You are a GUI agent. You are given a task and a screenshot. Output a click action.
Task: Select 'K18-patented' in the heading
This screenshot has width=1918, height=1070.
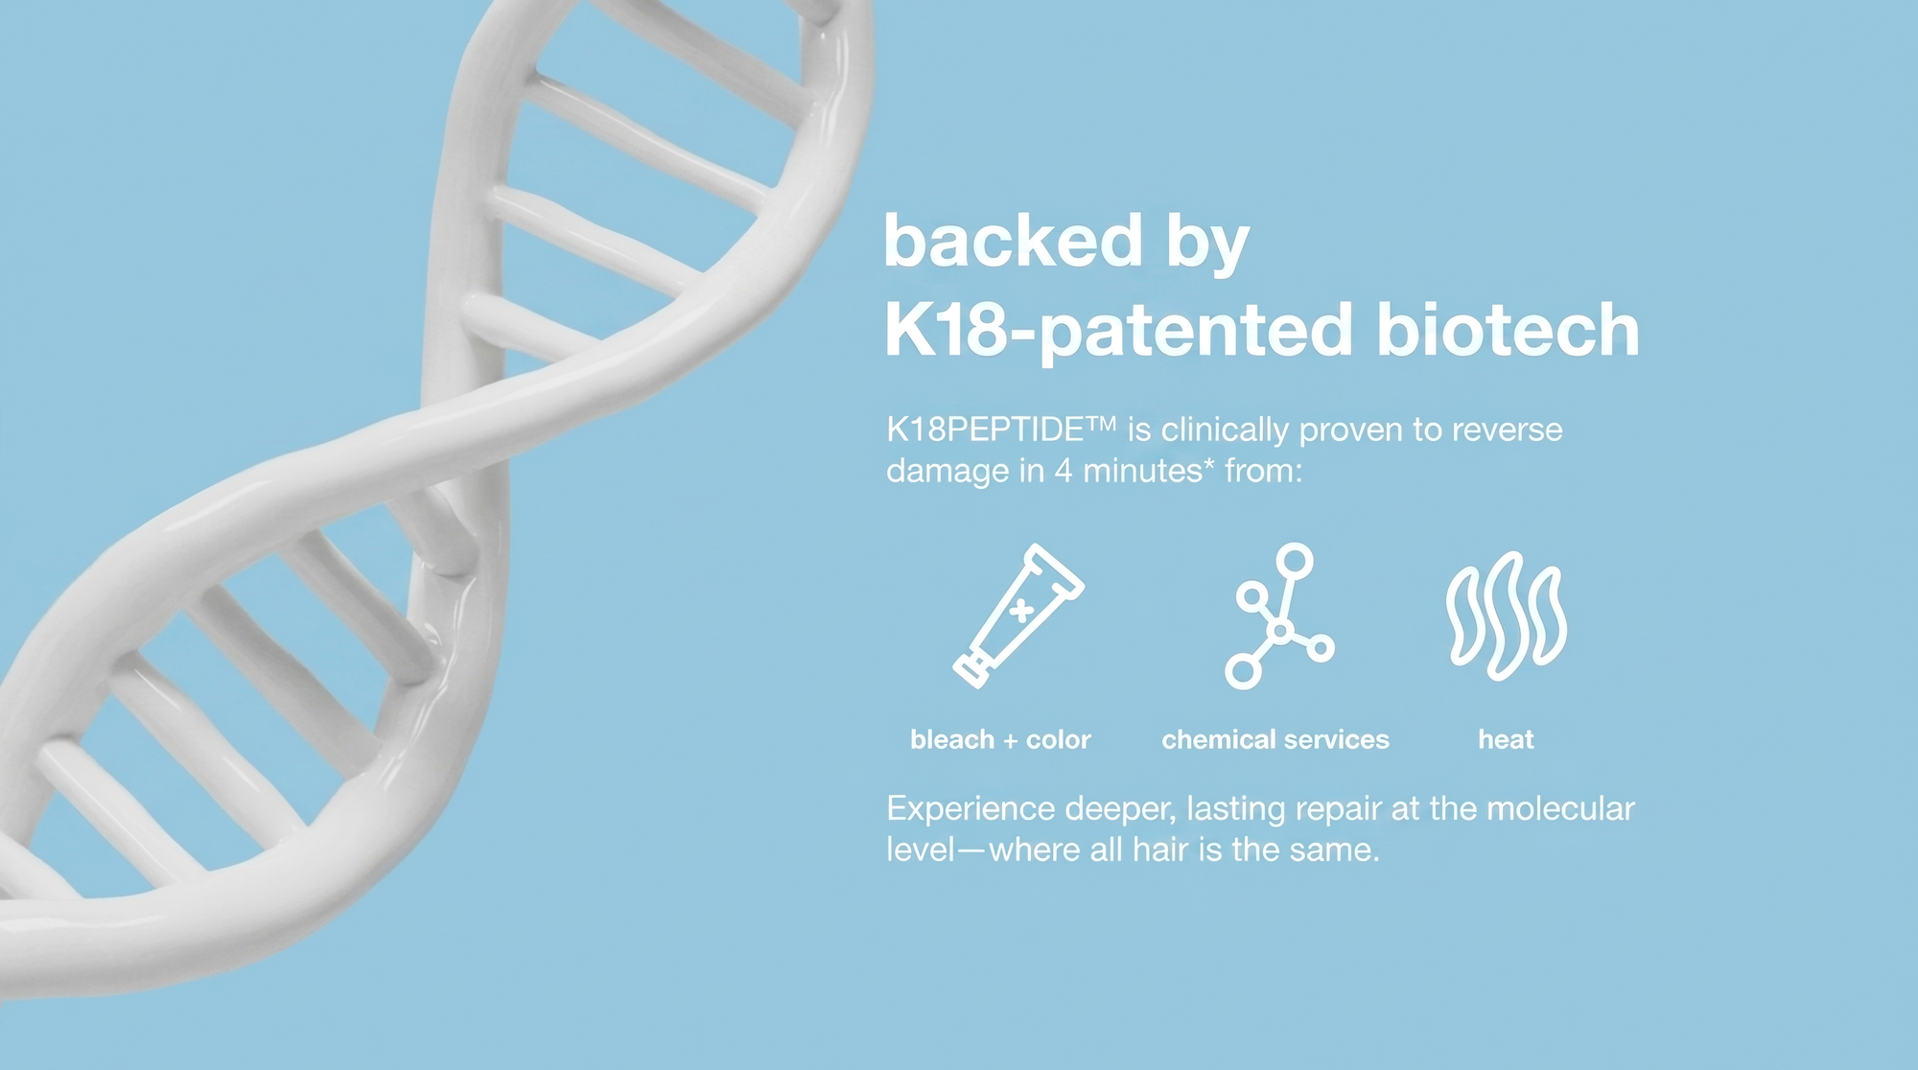1118,332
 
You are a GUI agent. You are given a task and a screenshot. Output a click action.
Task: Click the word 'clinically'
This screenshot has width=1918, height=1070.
1225,430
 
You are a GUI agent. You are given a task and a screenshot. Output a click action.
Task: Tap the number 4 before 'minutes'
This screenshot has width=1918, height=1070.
1064,471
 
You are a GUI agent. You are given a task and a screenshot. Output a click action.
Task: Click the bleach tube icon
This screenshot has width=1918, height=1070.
1018,616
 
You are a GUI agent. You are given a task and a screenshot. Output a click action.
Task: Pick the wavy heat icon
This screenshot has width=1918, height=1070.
1507,616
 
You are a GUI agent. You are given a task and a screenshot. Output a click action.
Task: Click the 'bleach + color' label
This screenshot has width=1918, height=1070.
1000,739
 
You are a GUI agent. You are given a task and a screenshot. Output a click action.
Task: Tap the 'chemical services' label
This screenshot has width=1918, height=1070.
1275,739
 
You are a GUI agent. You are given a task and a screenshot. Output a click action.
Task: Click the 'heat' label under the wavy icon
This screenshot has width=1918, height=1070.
1506,739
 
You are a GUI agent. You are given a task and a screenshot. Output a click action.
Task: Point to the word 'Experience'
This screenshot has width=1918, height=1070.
971,810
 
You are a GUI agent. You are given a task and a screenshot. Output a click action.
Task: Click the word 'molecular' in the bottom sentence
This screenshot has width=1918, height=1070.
1560,808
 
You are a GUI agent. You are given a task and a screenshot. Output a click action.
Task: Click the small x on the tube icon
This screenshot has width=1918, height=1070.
1022,610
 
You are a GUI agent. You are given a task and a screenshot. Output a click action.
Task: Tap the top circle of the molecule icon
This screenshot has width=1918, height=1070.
1295,559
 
